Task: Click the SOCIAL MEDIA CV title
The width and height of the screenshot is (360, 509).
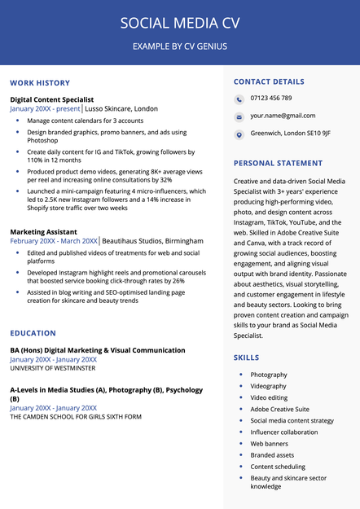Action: (x=180, y=23)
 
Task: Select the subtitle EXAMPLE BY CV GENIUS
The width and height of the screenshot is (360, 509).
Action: (x=180, y=46)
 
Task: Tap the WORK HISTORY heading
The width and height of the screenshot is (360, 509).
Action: (x=40, y=83)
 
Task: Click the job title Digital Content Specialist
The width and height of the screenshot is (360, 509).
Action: (x=52, y=99)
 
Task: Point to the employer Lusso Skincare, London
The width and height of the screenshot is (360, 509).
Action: (x=121, y=108)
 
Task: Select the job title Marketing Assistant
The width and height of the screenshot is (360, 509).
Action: (x=43, y=232)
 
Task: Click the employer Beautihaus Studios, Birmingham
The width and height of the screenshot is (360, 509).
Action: (x=152, y=241)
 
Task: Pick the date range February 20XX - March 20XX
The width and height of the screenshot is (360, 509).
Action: (x=54, y=241)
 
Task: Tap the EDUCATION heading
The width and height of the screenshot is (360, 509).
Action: (x=33, y=333)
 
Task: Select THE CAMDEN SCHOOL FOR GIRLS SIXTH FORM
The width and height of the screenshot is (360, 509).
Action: (x=76, y=416)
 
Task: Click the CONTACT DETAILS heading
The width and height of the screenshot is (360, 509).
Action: (x=269, y=81)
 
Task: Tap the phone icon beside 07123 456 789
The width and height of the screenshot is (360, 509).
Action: (x=239, y=99)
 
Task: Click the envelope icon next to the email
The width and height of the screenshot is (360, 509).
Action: (x=239, y=116)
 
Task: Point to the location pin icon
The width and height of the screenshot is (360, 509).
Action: (x=239, y=134)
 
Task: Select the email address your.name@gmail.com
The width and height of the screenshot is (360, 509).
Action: (x=283, y=116)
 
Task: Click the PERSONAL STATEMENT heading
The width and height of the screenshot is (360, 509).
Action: (x=278, y=163)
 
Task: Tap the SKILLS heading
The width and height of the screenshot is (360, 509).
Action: (x=247, y=358)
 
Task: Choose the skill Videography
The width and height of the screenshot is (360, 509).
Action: (x=268, y=386)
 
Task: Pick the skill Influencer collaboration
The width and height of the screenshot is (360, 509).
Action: (x=283, y=432)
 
